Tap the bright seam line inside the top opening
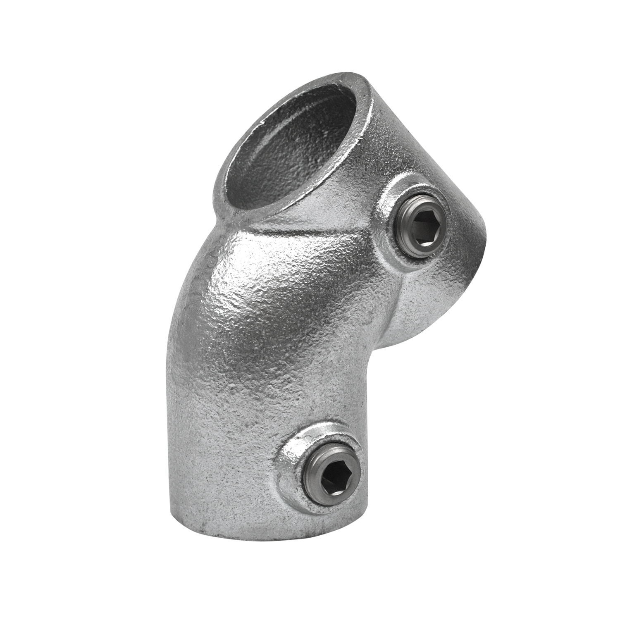click(x=265, y=165)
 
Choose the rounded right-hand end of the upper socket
click(x=479, y=223)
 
